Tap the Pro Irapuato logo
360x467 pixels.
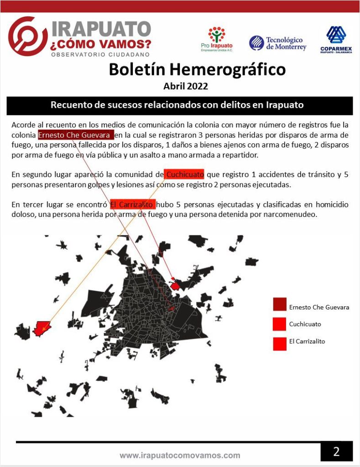[x=216, y=39]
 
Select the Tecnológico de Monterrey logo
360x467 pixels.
[x=278, y=43]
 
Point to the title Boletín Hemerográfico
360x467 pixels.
[x=197, y=69]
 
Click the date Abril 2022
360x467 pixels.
[x=185, y=85]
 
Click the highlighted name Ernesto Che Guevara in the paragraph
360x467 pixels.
[x=76, y=135]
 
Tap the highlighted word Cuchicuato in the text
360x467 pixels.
[x=184, y=174]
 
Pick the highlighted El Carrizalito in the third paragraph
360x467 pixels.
[x=132, y=204]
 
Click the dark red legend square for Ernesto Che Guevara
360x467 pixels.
[x=279, y=304]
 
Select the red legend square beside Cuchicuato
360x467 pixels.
[x=279, y=324]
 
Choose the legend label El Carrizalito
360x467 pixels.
[x=307, y=341]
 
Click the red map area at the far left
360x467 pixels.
[x=41, y=328]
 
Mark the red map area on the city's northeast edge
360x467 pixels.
[x=175, y=286]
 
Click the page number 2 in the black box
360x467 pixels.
[x=336, y=451]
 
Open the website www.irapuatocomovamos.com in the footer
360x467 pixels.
[x=180, y=455]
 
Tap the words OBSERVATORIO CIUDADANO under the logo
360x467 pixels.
[x=100, y=54]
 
